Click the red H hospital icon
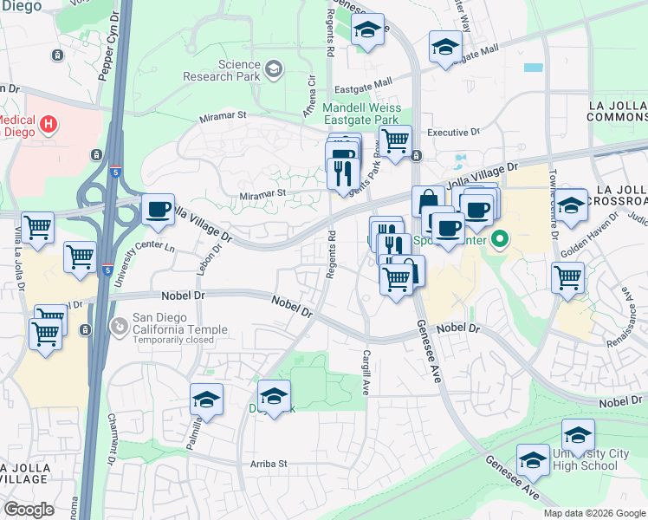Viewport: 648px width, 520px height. [x=49, y=124]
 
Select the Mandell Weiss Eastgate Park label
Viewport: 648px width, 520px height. [x=360, y=114]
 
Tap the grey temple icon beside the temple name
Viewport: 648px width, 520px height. [x=119, y=327]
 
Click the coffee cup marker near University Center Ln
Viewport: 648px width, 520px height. [x=157, y=210]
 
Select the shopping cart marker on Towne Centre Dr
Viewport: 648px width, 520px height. [x=568, y=278]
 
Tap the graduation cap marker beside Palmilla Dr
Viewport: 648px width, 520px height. [x=206, y=400]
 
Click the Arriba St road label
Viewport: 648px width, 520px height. [x=269, y=464]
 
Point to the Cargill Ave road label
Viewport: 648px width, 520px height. [x=367, y=371]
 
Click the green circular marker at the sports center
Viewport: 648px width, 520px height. [x=500, y=237]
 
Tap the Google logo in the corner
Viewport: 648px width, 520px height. [x=28, y=509]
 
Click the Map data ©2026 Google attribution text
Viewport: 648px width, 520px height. [x=593, y=513]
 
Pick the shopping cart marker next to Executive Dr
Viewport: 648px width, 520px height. [x=395, y=140]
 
